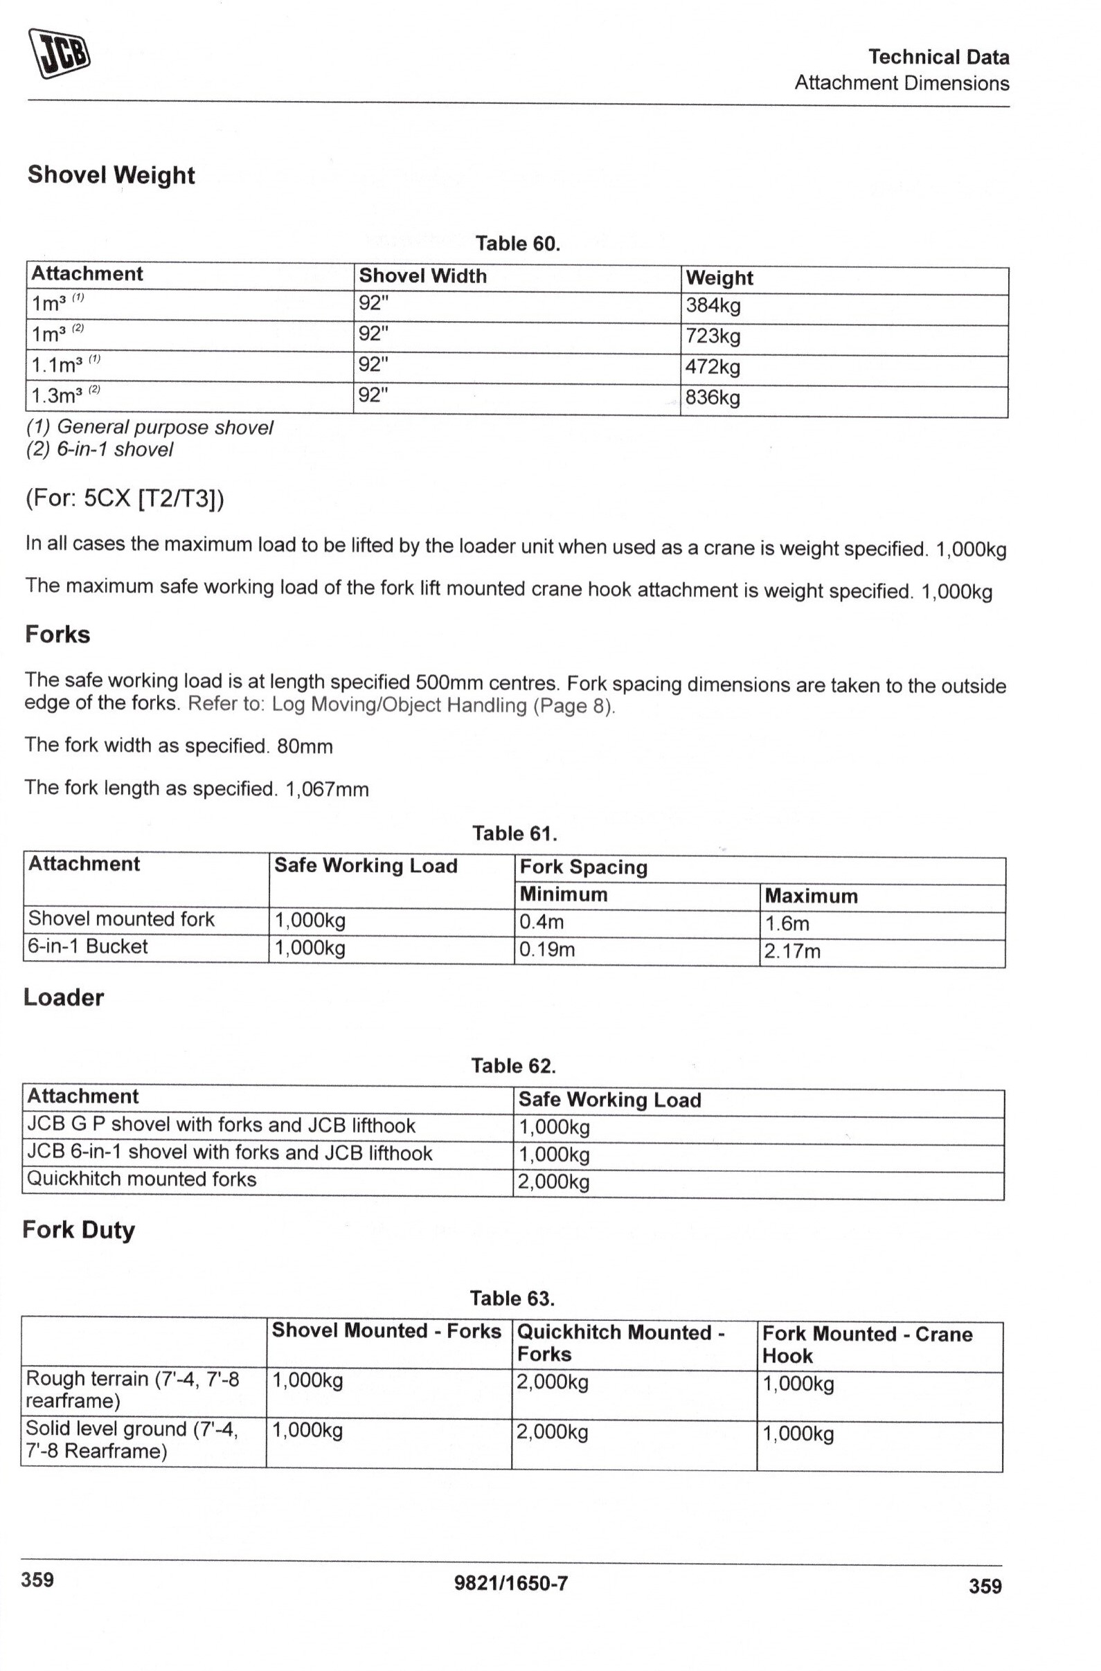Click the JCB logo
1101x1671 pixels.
[60, 53]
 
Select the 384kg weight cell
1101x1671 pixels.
[713, 306]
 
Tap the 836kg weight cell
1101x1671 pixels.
[713, 398]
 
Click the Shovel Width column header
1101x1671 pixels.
[422, 276]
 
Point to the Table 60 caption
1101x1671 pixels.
[517, 244]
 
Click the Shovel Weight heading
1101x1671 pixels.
[111, 175]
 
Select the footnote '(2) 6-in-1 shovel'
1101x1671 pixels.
[100, 449]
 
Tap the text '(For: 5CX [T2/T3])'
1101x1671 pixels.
[125, 498]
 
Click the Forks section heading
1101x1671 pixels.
[57, 635]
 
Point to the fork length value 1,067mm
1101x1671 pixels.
[327, 790]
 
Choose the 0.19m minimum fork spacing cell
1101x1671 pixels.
[547, 950]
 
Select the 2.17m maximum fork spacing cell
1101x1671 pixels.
[792, 951]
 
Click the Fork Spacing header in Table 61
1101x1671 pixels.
[584, 868]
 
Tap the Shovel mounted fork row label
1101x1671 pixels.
[120, 919]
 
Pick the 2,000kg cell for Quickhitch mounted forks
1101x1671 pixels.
[553, 1182]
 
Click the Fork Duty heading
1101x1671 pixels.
[78, 1230]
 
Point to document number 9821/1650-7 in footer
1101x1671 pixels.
[511, 1583]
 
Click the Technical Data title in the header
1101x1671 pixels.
[938, 57]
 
